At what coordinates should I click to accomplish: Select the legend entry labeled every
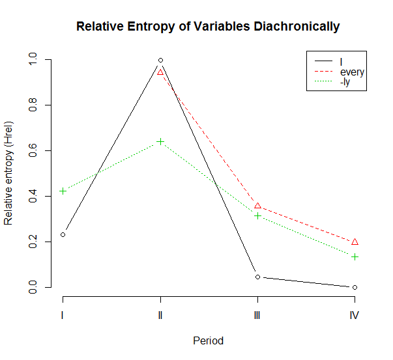(352, 72)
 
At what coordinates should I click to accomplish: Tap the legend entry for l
(341, 62)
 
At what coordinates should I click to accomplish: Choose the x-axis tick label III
(257, 315)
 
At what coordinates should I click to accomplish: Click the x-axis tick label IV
(355, 315)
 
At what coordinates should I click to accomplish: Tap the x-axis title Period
(209, 340)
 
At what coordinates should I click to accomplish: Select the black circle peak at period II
(160, 60)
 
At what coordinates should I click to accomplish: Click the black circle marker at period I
(63, 234)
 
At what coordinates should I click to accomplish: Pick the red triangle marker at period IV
(355, 242)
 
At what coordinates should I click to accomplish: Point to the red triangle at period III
(257, 206)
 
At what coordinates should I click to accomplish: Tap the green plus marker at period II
(160, 141)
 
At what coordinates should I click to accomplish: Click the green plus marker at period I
(63, 191)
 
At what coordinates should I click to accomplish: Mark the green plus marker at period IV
(355, 256)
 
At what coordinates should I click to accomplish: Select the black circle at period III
(257, 277)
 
